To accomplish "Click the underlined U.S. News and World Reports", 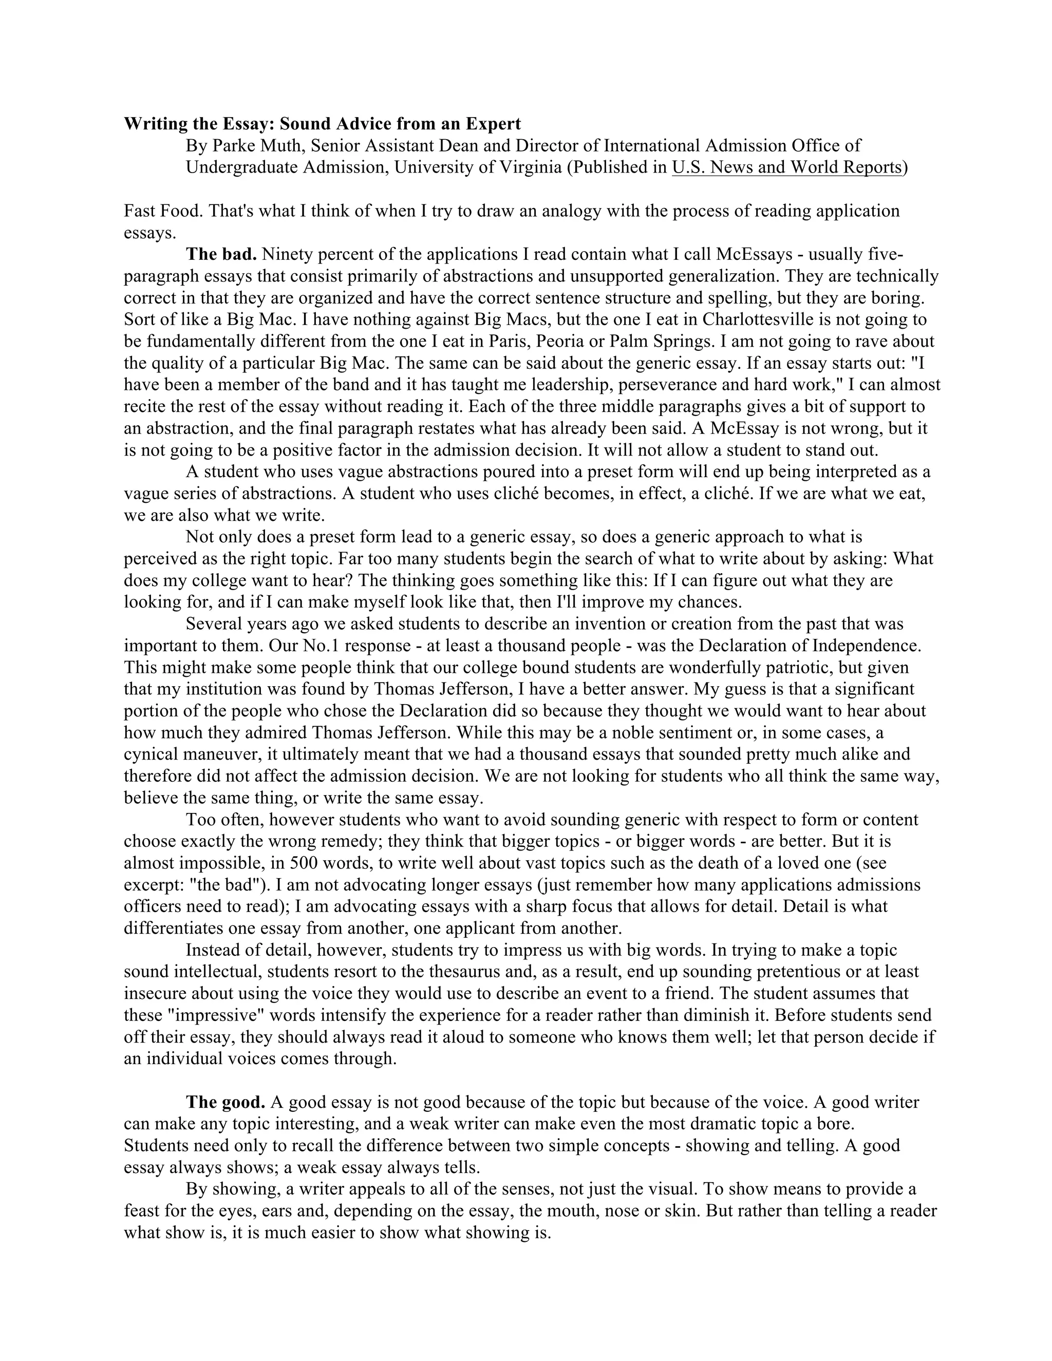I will [786, 167].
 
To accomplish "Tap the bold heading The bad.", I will [221, 254].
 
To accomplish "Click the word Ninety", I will [284, 254].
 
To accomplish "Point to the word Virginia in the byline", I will [528, 167].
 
